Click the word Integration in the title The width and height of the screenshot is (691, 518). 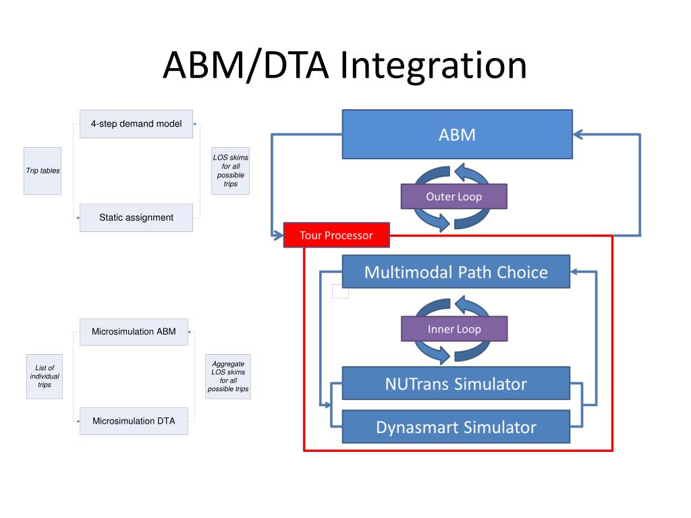[x=433, y=66]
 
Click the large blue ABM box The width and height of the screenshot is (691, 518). [x=457, y=134]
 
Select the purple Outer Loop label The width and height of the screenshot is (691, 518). [x=454, y=196]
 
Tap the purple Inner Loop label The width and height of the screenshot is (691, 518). [x=454, y=329]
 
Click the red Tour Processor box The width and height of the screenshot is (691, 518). [x=336, y=235]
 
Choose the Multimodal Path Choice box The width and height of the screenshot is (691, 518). [x=456, y=272]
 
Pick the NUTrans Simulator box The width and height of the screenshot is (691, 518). [x=456, y=384]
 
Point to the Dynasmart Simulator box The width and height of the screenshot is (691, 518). [x=456, y=427]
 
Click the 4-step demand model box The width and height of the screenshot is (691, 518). [x=136, y=124]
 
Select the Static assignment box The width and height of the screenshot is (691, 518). [x=136, y=218]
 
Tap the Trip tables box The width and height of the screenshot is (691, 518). [x=43, y=171]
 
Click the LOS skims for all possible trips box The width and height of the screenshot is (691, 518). [x=231, y=171]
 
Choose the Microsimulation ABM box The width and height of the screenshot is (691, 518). [x=134, y=332]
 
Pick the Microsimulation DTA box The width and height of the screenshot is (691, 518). [x=134, y=421]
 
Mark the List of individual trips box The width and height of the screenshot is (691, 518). [x=45, y=376]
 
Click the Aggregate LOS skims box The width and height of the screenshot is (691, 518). [x=228, y=376]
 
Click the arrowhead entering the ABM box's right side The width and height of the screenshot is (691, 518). [x=578, y=135]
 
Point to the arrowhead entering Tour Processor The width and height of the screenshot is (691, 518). [x=279, y=235]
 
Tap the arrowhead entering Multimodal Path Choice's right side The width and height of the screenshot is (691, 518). [x=574, y=272]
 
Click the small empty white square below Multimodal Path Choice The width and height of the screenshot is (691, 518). [x=340, y=291]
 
